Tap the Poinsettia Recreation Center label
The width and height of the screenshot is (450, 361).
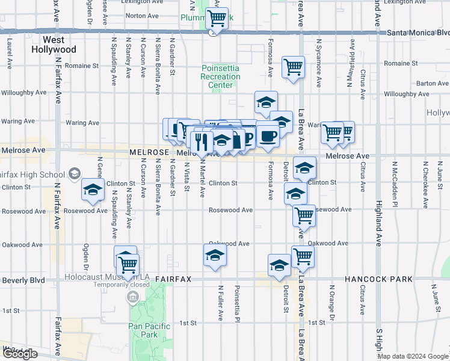221,77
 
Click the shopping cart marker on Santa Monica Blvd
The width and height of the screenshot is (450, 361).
217,18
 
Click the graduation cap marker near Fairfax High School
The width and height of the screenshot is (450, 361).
93,190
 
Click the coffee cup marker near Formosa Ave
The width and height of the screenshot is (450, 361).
268,135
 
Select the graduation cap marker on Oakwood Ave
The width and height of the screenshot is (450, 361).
215,255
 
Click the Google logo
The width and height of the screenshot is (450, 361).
20,354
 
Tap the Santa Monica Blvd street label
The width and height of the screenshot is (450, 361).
418,32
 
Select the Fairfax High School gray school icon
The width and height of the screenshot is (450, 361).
73,174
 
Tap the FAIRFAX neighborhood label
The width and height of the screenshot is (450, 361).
173,280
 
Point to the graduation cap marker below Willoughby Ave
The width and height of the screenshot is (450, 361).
265,102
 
